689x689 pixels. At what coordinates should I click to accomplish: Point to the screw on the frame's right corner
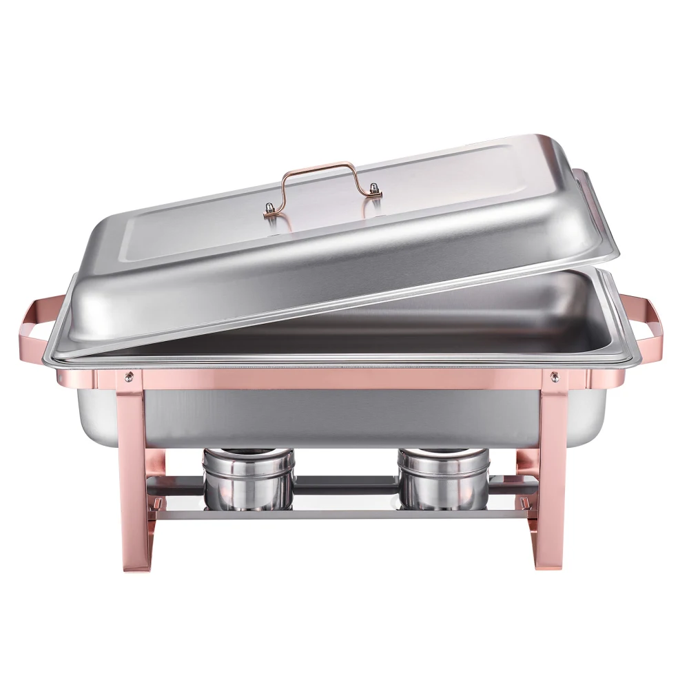point(555,376)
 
